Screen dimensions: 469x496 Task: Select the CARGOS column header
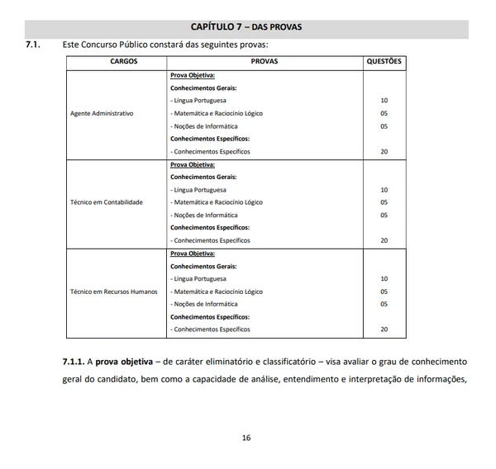click(x=123, y=62)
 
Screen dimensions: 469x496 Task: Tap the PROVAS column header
click(x=265, y=62)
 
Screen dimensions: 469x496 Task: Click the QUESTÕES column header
click(x=384, y=62)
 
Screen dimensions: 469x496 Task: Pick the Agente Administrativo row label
click(x=102, y=113)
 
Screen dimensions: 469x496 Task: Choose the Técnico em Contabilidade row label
click(x=107, y=202)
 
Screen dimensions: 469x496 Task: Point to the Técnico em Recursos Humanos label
click(x=114, y=291)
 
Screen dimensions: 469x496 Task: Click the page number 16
click(x=246, y=438)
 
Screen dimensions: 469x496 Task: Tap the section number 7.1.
click(x=33, y=44)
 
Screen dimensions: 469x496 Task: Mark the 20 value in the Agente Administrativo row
click(x=384, y=152)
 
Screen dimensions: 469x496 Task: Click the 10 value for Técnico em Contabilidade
click(x=384, y=190)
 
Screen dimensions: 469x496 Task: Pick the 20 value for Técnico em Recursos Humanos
click(x=384, y=329)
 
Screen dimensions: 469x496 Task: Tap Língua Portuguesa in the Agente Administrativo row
click(x=198, y=101)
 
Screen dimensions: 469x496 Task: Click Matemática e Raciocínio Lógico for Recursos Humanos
click(x=217, y=291)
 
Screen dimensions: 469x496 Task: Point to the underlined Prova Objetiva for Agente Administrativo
click(x=193, y=75)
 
